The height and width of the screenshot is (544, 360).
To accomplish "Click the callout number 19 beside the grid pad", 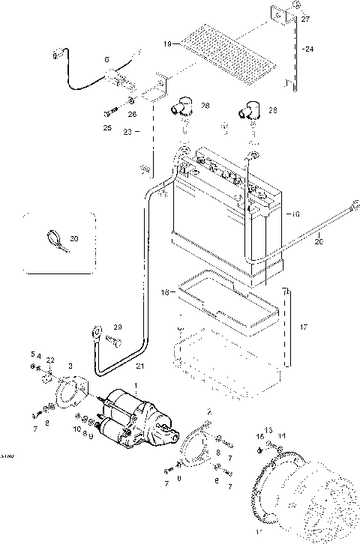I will click(x=168, y=45).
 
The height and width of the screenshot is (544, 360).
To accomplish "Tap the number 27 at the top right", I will click(x=305, y=21).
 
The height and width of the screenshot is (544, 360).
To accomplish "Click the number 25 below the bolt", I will click(x=107, y=128).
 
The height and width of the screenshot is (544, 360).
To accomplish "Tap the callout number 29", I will click(x=117, y=327).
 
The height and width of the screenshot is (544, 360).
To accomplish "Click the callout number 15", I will click(x=260, y=436).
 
